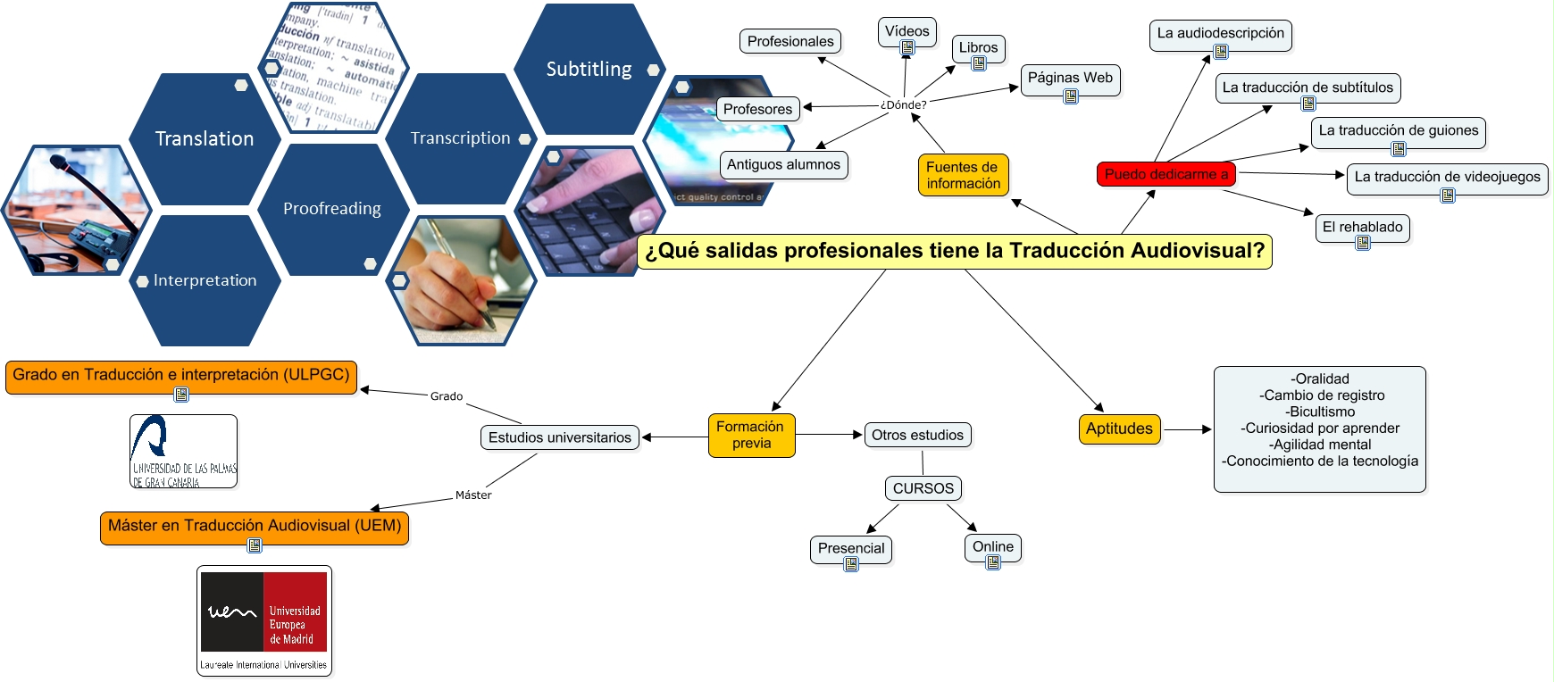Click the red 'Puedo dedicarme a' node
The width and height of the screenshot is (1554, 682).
click(x=1165, y=174)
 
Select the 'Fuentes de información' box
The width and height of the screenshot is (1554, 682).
click(x=963, y=175)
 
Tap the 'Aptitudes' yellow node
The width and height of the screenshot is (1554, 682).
click(x=1119, y=428)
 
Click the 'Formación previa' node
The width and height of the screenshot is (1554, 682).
click(x=751, y=435)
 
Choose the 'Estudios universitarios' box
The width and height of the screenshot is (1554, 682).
click(x=559, y=437)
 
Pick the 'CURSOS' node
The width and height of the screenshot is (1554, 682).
click(x=923, y=488)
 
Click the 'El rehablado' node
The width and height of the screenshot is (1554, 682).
click(x=1362, y=227)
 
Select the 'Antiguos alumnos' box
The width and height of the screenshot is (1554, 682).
click(x=783, y=164)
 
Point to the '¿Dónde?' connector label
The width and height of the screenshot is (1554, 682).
click(x=903, y=104)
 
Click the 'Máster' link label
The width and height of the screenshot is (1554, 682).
click(x=473, y=495)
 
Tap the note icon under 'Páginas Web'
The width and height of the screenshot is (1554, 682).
click(x=1071, y=96)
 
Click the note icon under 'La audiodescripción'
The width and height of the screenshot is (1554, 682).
click(x=1221, y=52)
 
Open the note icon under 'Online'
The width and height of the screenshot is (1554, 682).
click(x=993, y=562)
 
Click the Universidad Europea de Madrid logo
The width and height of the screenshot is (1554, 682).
click(x=264, y=620)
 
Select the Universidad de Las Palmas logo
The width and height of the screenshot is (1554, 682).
click(x=183, y=451)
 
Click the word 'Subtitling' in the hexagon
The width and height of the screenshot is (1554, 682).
click(x=589, y=70)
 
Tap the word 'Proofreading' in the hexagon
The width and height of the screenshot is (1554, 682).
click(x=332, y=209)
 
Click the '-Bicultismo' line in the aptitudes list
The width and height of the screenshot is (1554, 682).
click(x=1321, y=412)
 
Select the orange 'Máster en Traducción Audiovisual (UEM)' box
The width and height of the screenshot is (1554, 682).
click(x=255, y=526)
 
